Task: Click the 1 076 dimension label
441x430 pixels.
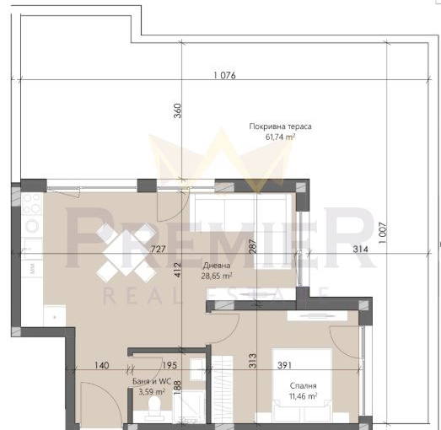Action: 225,75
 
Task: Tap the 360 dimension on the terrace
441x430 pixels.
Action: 178,110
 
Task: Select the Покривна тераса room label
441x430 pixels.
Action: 281,126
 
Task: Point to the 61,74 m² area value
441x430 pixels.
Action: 281,137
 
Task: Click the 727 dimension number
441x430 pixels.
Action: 159,249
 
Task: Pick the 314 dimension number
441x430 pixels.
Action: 360,249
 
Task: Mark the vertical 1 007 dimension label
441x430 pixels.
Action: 383,234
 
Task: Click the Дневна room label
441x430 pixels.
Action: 217,266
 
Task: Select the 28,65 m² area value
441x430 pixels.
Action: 217,276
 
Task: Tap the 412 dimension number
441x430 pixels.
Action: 178,270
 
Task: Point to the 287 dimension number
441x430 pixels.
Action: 253,246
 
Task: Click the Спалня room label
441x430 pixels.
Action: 304,386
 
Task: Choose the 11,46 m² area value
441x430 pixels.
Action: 304,396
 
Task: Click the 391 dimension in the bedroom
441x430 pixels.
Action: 285,365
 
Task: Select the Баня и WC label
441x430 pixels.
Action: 152,381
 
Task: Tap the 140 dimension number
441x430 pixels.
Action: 101,365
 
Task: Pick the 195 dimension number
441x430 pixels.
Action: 169,365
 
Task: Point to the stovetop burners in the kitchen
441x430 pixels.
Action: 31,203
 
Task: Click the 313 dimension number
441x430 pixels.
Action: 253,361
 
